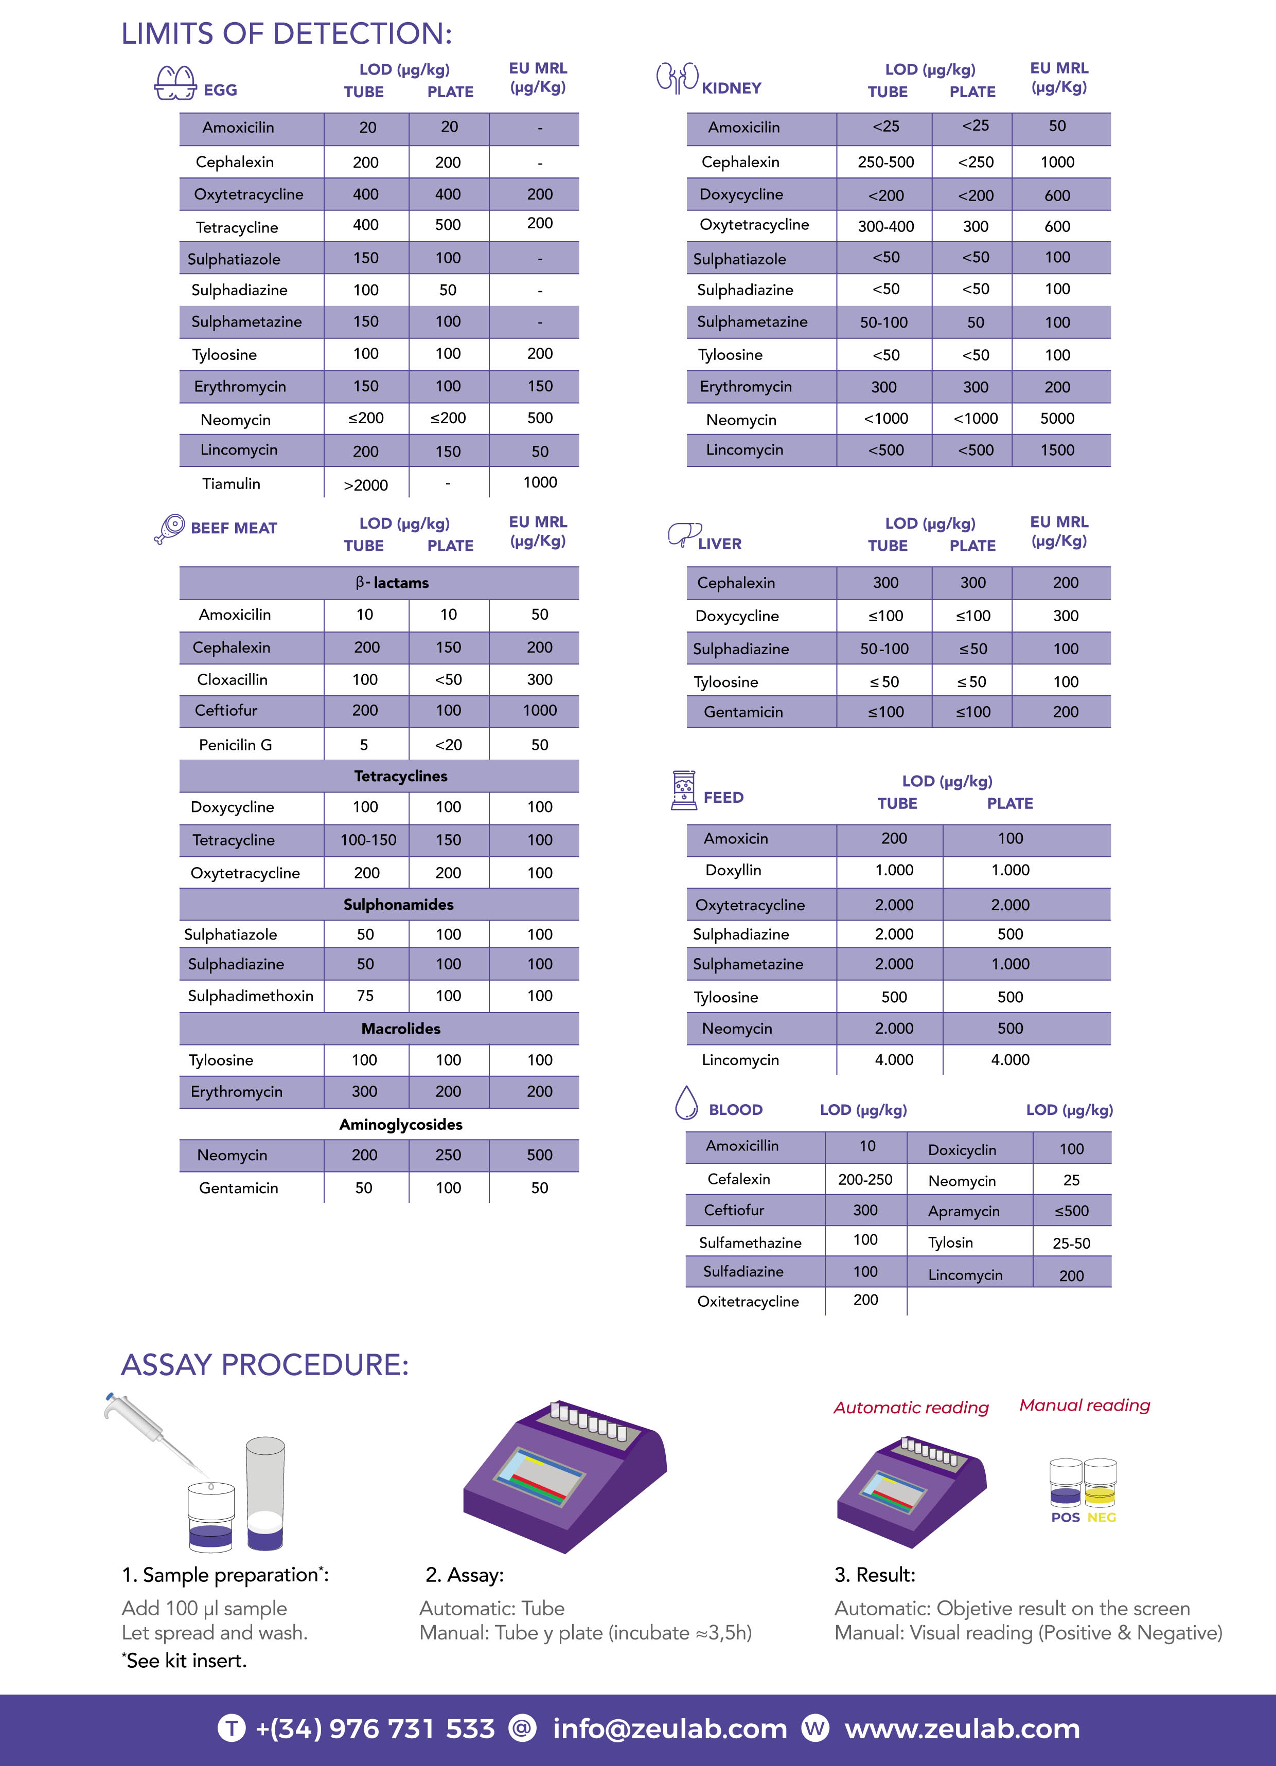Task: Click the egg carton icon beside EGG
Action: point(175,82)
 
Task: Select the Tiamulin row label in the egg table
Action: point(232,483)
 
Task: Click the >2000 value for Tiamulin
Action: point(365,485)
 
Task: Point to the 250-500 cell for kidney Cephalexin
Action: point(885,162)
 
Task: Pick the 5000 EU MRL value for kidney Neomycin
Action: point(1057,418)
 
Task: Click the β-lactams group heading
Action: point(392,583)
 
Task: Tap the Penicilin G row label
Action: point(235,744)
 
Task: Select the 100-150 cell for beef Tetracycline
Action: point(368,839)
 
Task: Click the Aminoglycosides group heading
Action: point(400,1124)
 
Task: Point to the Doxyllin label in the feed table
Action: point(733,870)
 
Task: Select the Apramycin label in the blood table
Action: point(964,1211)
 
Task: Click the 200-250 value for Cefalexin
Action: point(865,1179)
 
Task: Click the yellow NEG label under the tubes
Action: point(1102,1518)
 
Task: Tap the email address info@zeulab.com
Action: point(670,1728)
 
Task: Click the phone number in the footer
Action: point(375,1728)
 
